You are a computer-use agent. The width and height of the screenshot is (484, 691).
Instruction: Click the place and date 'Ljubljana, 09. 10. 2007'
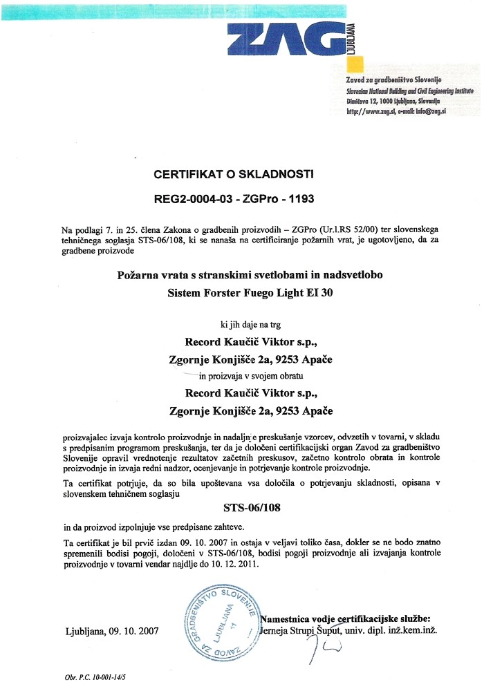pos(112,631)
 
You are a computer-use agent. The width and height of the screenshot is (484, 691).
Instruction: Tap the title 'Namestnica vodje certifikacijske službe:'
pos(346,618)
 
